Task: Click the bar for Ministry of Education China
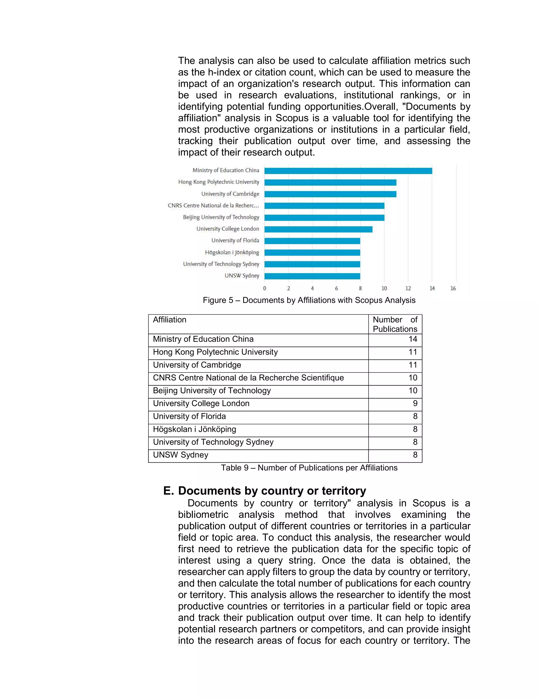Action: click(348, 171)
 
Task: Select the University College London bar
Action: click(318, 229)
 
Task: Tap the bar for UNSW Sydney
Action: click(312, 276)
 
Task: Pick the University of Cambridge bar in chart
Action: click(330, 194)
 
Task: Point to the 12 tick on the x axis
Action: click(408, 288)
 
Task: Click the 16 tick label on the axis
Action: click(453, 288)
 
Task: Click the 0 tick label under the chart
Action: click(264, 288)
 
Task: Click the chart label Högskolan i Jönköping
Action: click(232, 252)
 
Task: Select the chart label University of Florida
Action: click(235, 240)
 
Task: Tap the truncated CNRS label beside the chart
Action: click(213, 205)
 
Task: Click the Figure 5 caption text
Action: click(309, 300)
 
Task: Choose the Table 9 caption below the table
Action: click(309, 468)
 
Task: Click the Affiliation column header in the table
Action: click(170, 320)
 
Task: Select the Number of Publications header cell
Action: click(395, 324)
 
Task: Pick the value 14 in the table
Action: click(413, 339)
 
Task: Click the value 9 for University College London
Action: click(415, 404)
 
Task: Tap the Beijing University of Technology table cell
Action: click(212, 391)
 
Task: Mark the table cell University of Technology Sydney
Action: click(213, 442)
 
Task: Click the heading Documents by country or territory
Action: click(272, 491)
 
